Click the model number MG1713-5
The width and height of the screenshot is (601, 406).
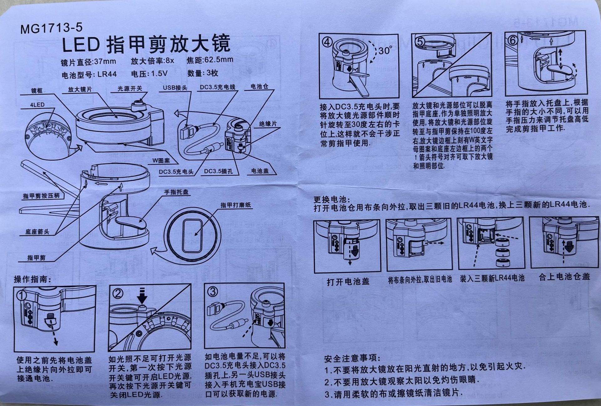51,28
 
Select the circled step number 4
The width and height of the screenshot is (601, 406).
327,42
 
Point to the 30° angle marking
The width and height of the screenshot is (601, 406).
385,50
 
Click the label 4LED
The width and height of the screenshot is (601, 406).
37,105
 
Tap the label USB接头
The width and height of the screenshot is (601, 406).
175,87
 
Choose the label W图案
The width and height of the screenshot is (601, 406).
161,161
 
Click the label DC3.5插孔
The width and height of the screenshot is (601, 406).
218,171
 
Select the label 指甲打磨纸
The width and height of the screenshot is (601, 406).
236,205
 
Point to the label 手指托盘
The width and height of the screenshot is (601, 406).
177,192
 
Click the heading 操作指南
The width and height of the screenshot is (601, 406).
33,279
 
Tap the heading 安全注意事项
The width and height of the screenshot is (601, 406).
352,358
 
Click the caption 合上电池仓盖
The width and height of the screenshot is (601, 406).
564,277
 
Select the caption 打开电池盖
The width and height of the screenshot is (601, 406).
348,282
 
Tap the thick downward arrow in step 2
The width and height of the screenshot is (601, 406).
142,295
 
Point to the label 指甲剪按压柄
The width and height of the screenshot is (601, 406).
41,196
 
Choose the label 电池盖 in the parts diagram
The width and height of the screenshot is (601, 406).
260,171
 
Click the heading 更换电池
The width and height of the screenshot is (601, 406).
332,199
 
